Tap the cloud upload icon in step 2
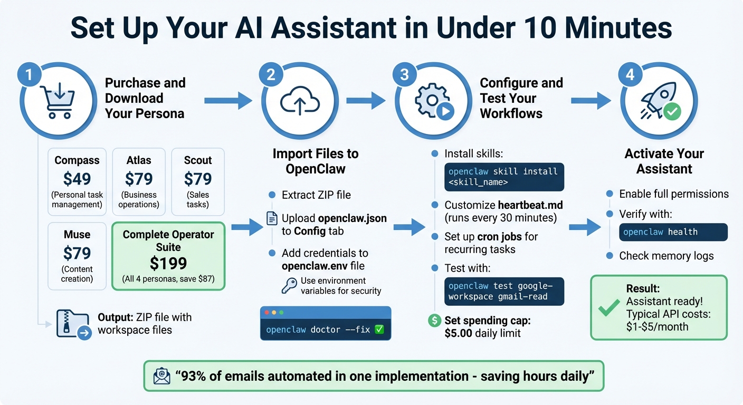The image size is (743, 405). [299, 100]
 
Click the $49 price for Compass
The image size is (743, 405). [77, 179]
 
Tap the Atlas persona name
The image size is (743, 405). [139, 160]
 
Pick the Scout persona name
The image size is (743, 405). [198, 160]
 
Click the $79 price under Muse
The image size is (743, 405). [77, 254]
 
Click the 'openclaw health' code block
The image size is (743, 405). [673, 232]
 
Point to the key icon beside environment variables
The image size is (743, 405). [289, 286]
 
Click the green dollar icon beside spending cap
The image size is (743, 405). [435, 320]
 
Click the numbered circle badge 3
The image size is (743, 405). [404, 74]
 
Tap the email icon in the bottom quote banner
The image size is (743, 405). [161, 375]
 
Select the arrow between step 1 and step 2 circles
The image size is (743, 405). [228, 100]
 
